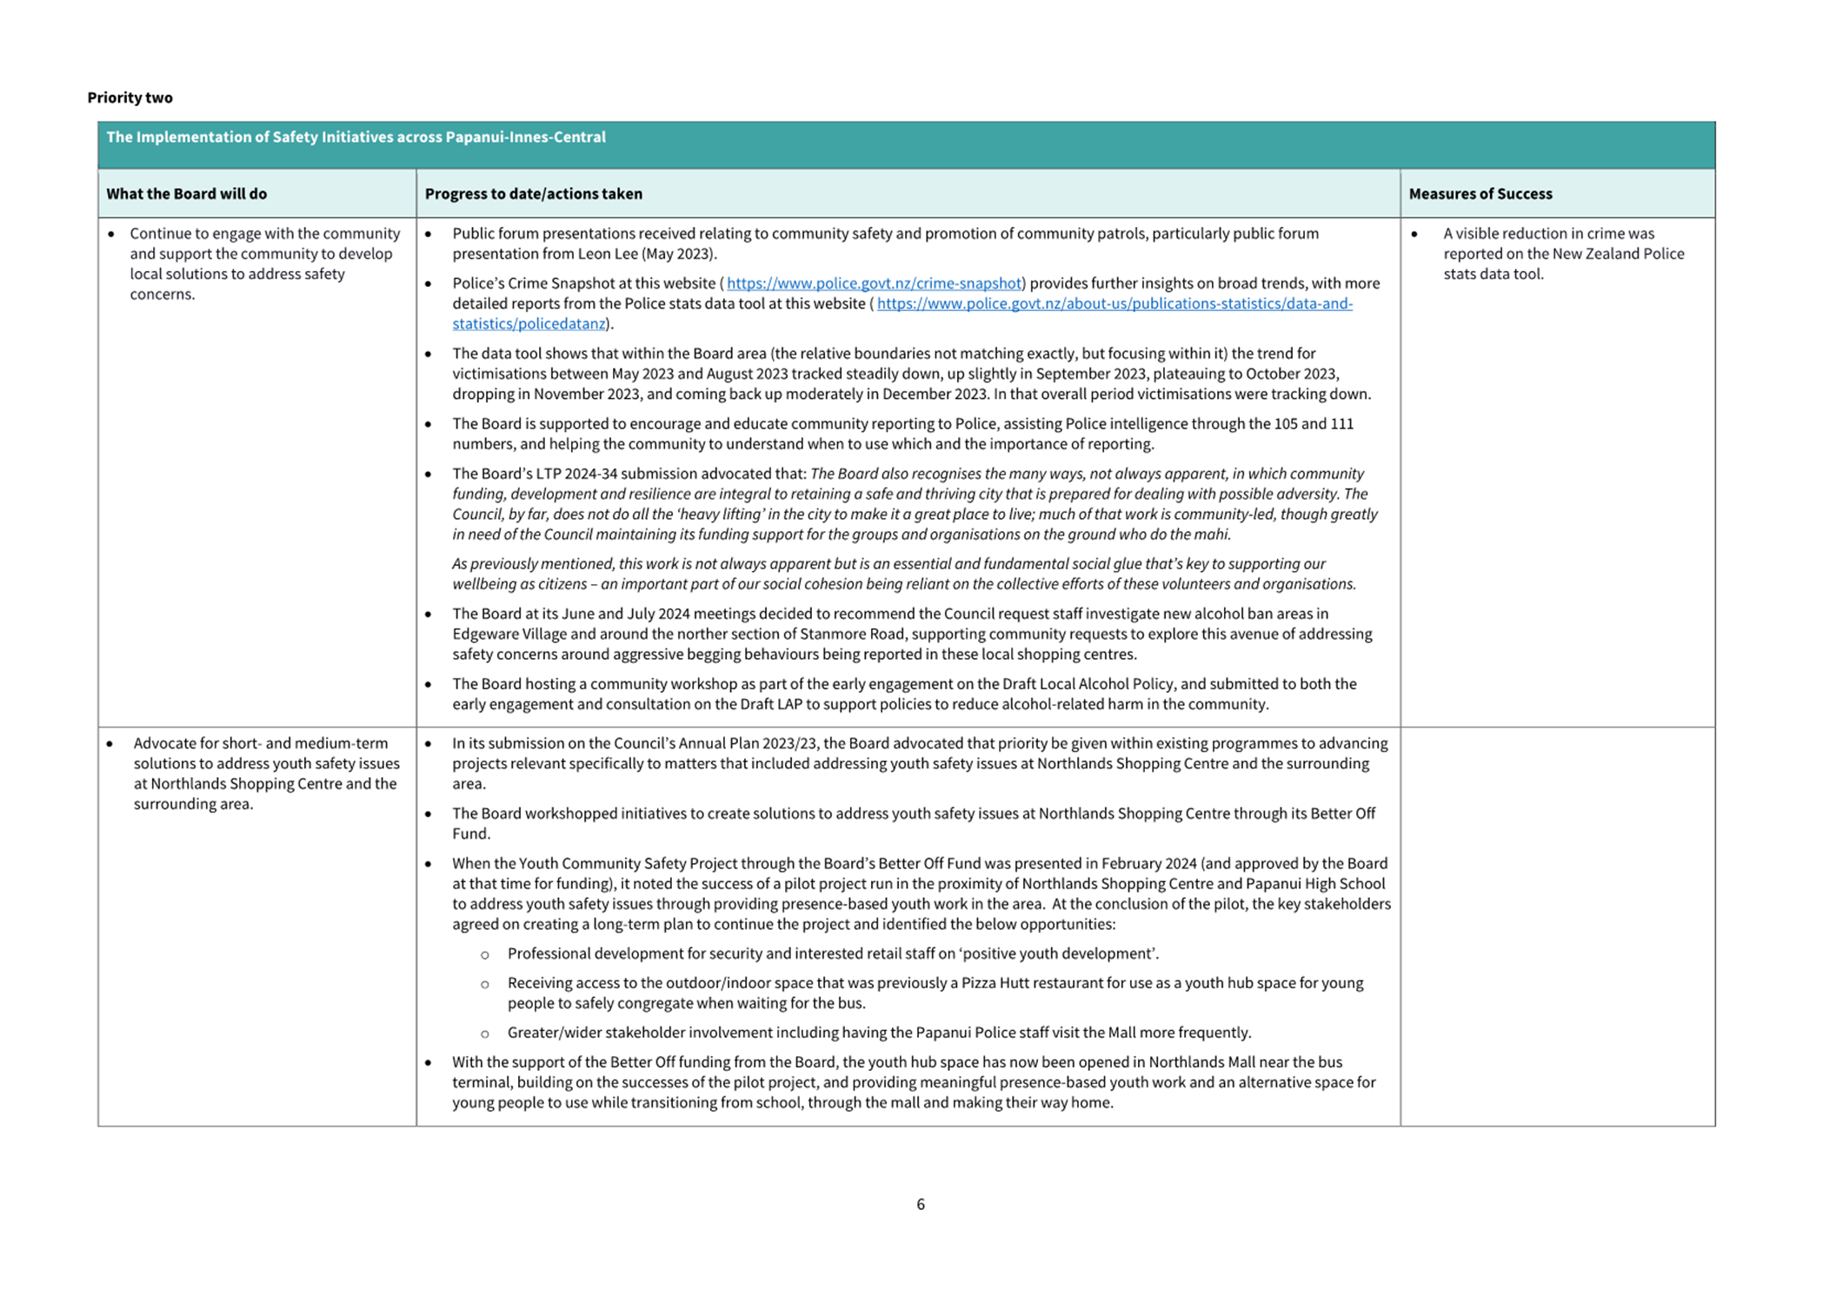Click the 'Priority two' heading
point(130,97)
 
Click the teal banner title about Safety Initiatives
point(356,137)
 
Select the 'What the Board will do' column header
point(186,194)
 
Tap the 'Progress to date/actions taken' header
point(533,194)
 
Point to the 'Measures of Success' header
point(1480,194)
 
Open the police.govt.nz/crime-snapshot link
point(873,283)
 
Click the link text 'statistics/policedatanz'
point(528,324)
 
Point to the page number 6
point(920,1204)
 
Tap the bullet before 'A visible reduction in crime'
point(1414,234)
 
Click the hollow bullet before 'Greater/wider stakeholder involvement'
point(485,1033)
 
